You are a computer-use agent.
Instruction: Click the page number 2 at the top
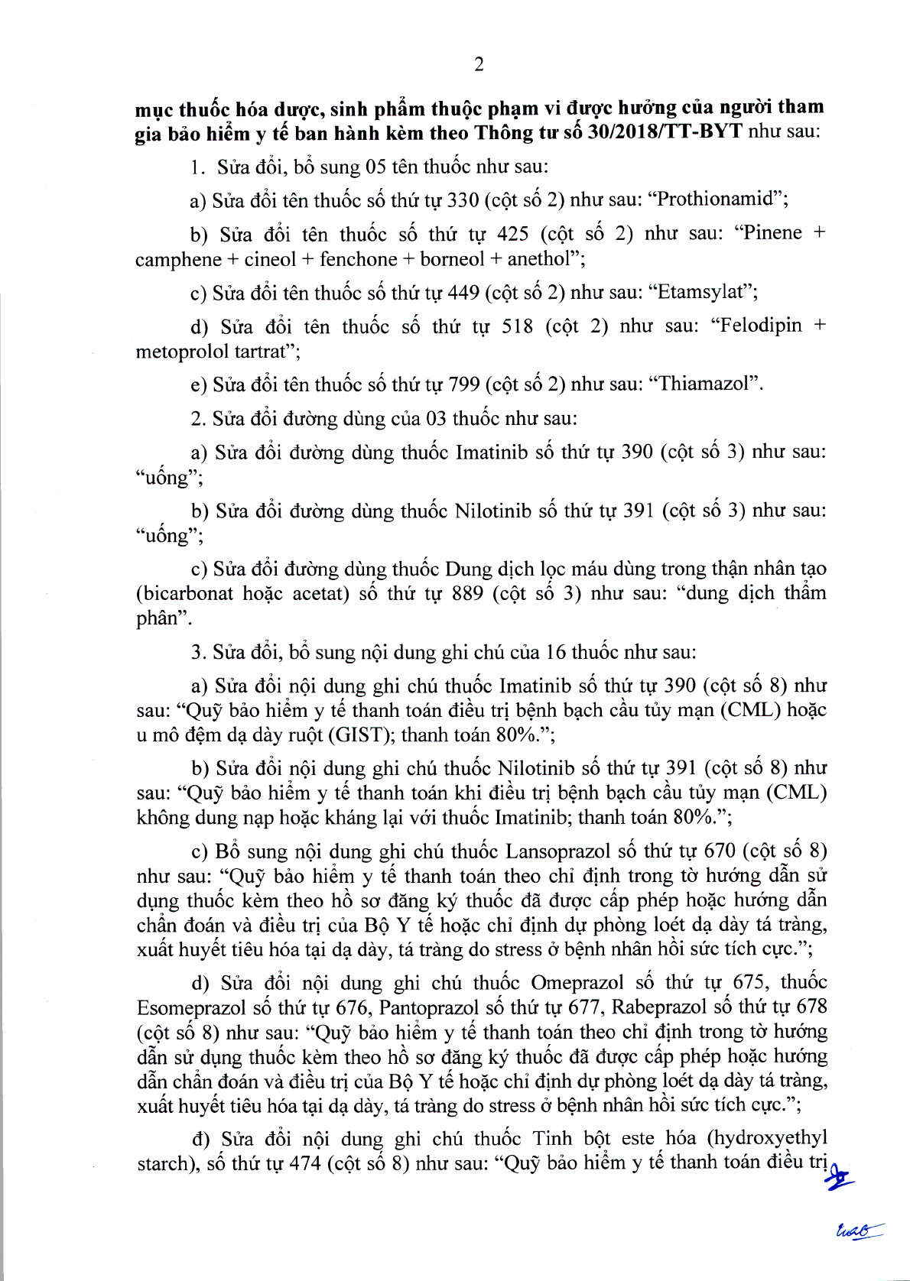click(479, 65)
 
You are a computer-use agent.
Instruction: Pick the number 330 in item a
click(463, 200)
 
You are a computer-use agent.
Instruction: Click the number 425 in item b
click(512, 233)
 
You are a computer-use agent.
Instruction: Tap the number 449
click(463, 293)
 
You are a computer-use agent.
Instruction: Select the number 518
click(517, 326)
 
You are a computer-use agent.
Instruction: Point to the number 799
click(463, 384)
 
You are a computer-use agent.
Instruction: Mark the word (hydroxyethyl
click(767, 1139)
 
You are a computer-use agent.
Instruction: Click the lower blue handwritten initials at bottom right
click(857, 1230)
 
